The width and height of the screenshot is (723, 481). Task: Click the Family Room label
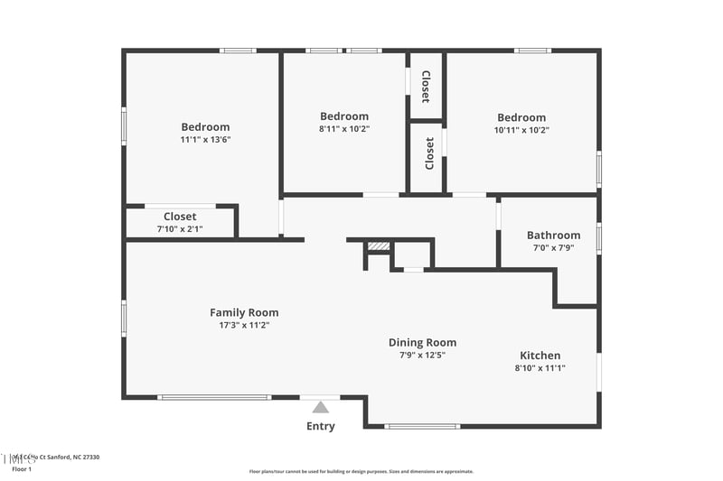pos(244,312)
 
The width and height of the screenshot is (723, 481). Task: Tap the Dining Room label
pos(422,342)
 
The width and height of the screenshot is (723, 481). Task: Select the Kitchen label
pos(540,356)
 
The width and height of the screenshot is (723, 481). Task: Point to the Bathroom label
pos(553,236)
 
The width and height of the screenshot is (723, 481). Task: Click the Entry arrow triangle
pos(321,407)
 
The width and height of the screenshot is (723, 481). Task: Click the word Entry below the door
pos(321,426)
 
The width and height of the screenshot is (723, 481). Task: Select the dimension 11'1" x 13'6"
pos(205,140)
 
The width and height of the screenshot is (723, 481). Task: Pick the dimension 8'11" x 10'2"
pos(344,129)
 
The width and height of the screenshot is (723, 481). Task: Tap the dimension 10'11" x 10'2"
pos(521,130)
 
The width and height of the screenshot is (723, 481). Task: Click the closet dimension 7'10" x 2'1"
pos(180,229)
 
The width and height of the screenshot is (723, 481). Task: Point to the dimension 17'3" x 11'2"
pos(244,325)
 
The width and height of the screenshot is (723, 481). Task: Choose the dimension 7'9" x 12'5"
pos(422,355)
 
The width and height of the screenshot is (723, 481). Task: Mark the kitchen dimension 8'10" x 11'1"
pos(540,368)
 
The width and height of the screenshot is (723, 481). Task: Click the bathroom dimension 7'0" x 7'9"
pos(553,248)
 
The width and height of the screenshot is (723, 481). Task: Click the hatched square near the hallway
pos(379,245)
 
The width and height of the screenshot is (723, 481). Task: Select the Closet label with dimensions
pos(180,217)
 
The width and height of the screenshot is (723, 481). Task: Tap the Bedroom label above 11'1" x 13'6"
pos(205,127)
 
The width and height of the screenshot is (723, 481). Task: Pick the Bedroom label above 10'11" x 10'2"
pos(521,117)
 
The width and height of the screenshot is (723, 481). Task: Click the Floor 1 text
pos(22,469)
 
